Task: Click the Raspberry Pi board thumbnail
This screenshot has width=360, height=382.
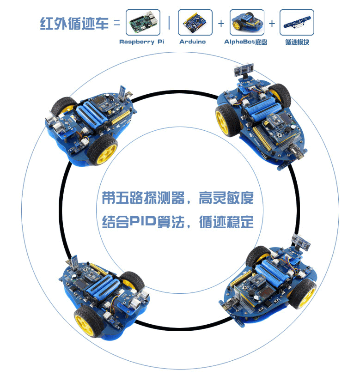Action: coord(143,23)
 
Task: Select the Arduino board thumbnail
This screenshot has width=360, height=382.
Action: coord(195,23)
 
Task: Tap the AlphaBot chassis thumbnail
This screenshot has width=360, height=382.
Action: coord(247,23)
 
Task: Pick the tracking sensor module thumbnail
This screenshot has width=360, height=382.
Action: coord(297,23)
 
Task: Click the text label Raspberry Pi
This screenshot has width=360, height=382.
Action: coord(142,42)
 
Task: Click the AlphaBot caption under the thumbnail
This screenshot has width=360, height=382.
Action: coord(245,42)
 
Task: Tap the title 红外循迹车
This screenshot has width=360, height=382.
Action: coord(74,23)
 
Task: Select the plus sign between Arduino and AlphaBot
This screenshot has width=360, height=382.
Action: coord(221,23)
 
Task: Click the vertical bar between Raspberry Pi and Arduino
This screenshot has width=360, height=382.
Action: coord(169,23)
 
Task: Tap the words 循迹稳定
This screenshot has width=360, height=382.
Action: coord(226,222)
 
